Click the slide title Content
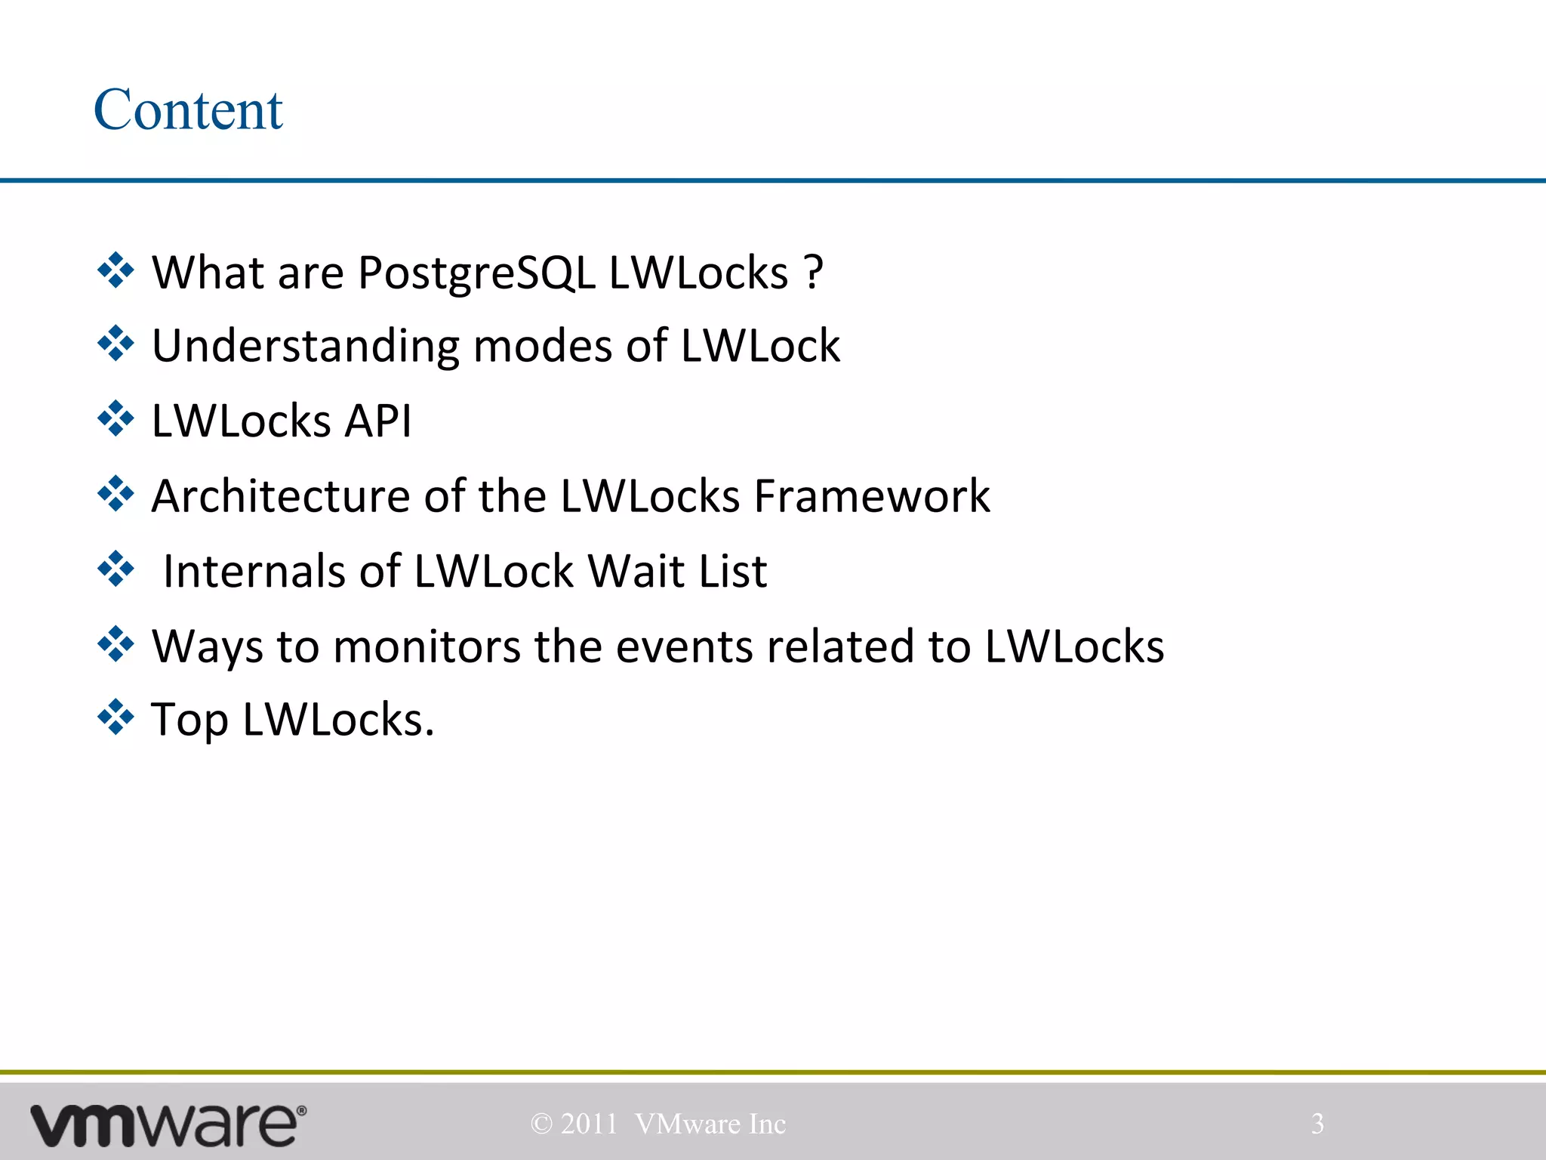point(188,110)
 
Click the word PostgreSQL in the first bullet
point(476,273)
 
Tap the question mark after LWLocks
point(813,273)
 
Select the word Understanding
point(305,347)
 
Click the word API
point(377,421)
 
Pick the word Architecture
point(280,496)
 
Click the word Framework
point(872,496)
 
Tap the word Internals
point(254,571)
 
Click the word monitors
point(427,646)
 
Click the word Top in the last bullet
point(189,720)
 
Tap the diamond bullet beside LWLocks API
point(115,419)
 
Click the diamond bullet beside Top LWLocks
point(115,717)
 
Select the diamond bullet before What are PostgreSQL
point(115,270)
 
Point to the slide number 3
point(1317,1124)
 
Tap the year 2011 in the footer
point(589,1124)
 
